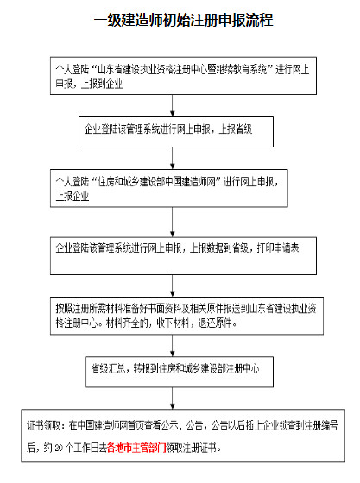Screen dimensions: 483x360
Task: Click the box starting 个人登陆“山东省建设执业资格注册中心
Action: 175,75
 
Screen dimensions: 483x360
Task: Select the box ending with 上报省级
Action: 175,129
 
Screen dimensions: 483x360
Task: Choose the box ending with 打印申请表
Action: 175,247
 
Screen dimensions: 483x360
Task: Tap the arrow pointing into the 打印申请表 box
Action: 175,219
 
